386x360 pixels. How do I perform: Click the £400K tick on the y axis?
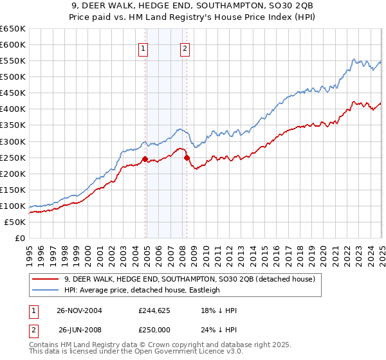click(x=13, y=109)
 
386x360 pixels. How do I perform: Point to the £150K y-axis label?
click(x=13, y=190)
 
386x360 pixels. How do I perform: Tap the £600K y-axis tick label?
click(x=13, y=44)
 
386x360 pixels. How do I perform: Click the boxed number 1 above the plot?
click(x=142, y=48)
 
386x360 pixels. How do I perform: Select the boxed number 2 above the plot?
click(x=185, y=48)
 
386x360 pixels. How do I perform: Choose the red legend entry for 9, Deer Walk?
click(x=189, y=279)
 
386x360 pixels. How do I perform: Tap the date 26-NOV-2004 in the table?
click(x=79, y=310)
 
